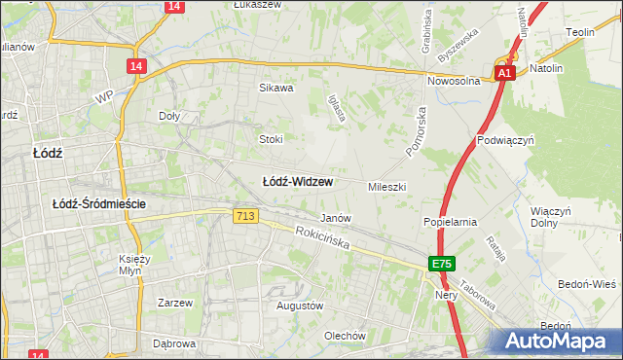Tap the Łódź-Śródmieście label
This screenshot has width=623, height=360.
pyautogui.click(x=99, y=203)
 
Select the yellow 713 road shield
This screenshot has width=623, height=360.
pyautogui.click(x=245, y=216)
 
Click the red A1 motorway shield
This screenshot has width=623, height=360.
pyautogui.click(x=503, y=73)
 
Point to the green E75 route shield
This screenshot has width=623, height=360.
pyautogui.click(x=443, y=264)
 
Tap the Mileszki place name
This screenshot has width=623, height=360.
pyautogui.click(x=386, y=186)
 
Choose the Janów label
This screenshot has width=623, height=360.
pyautogui.click(x=335, y=219)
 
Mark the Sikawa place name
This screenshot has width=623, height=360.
pyautogui.click(x=275, y=88)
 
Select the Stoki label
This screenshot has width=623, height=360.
pyautogui.click(x=270, y=139)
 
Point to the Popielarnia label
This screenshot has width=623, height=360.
pyautogui.click(x=449, y=222)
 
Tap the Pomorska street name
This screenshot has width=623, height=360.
pyautogui.click(x=416, y=127)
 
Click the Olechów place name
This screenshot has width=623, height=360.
pyautogui.click(x=345, y=336)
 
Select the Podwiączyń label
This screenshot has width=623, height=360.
pyautogui.click(x=506, y=140)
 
